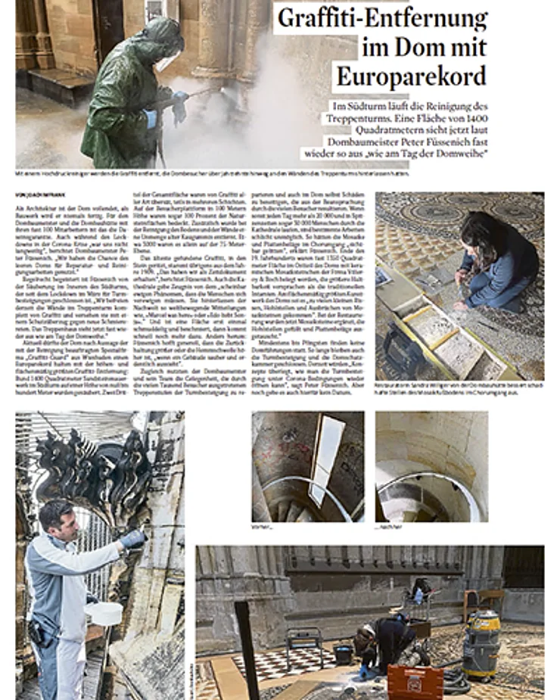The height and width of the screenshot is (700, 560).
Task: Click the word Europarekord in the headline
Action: coord(412,76)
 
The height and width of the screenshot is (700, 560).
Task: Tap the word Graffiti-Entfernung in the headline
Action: coord(382,18)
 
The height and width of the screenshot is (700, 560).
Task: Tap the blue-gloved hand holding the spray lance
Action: coord(179,98)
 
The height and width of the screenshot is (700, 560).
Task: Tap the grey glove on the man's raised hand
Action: coord(135,538)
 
